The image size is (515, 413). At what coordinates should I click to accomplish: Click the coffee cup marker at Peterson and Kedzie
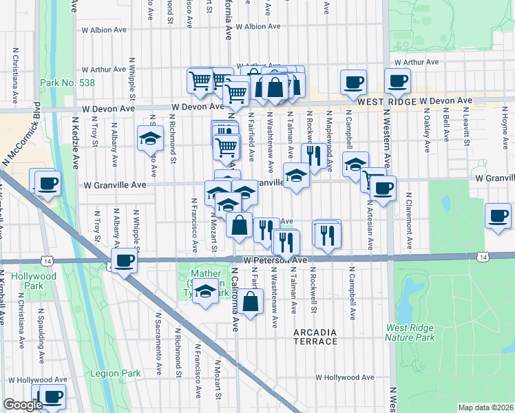[x=125, y=261]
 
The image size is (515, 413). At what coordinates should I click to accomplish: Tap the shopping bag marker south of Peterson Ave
[x=252, y=300]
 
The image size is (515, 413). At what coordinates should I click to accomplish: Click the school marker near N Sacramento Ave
[x=149, y=138]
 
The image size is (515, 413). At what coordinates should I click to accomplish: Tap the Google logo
[x=23, y=405]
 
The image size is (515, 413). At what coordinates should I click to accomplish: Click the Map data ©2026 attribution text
[x=485, y=407]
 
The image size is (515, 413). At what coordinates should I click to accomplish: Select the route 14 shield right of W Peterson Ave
[x=484, y=257]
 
